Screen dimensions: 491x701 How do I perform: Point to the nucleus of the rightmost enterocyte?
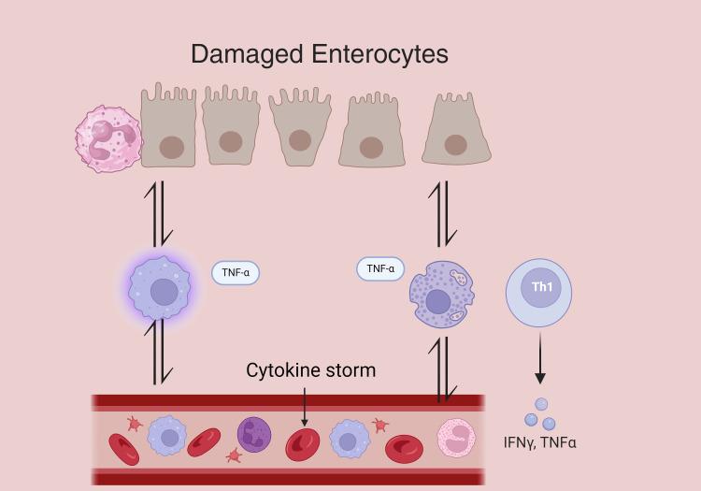(x=456, y=144)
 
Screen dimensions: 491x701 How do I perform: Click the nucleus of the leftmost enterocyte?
(x=171, y=147)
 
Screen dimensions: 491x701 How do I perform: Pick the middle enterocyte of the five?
(x=298, y=133)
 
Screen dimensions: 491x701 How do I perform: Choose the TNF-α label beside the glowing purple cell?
(x=235, y=273)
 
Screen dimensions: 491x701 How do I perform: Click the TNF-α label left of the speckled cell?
(x=380, y=268)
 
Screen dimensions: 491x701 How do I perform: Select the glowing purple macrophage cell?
(x=161, y=288)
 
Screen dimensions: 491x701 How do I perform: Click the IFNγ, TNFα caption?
(x=538, y=442)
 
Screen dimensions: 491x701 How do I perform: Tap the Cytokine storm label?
(x=311, y=370)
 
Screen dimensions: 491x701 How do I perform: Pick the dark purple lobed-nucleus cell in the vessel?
(x=254, y=435)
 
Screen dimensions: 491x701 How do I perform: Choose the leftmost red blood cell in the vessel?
(x=123, y=449)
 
